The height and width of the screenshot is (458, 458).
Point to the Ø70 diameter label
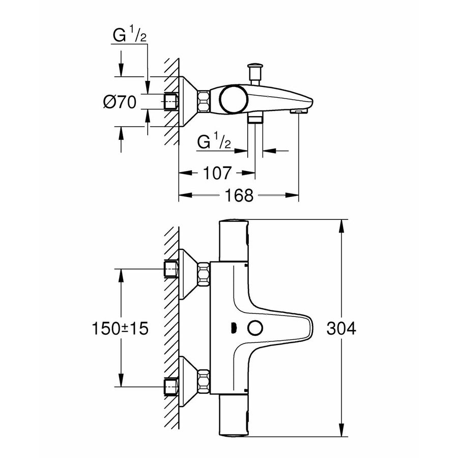[120, 102]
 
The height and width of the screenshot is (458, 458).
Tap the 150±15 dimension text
[121, 329]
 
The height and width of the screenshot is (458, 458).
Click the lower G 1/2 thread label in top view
[214, 142]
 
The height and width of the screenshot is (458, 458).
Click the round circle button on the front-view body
[253, 329]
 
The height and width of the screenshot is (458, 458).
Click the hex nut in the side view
[204, 101]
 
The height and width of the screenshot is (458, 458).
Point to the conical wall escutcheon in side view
[187, 101]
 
